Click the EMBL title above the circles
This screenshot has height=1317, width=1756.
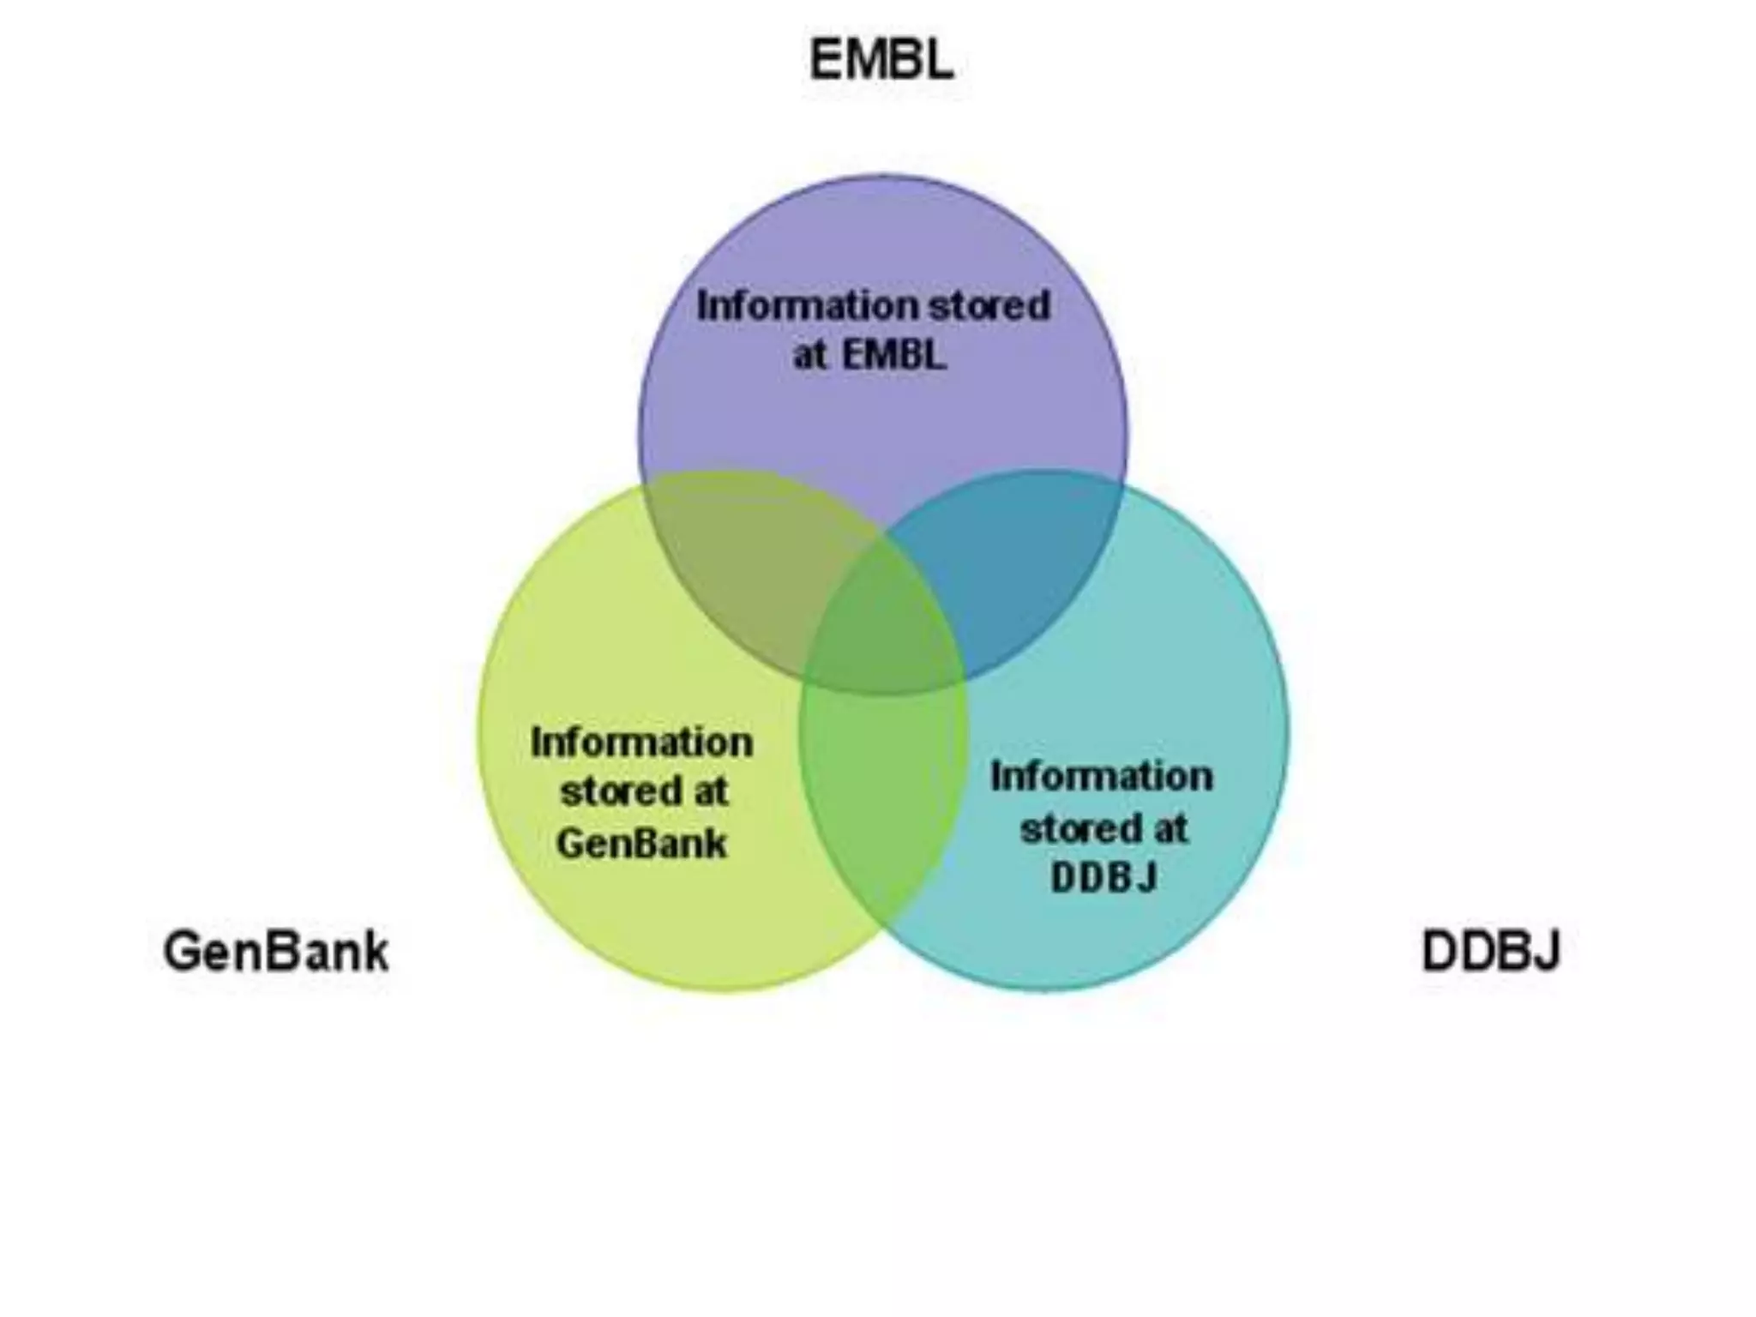[x=881, y=60]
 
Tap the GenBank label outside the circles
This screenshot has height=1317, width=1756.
[x=275, y=952]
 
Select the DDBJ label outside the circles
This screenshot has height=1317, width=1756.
[x=1490, y=951]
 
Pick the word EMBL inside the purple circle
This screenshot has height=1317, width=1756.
[x=893, y=354]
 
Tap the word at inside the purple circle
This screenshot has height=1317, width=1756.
[x=809, y=354]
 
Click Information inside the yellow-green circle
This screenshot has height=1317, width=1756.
[x=641, y=743]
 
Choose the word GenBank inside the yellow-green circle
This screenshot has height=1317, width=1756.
[x=641, y=843]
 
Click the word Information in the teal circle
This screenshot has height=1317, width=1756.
[x=1102, y=777]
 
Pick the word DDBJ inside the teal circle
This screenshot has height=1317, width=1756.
[x=1104, y=877]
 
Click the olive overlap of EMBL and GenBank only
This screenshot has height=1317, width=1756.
[x=737, y=566]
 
